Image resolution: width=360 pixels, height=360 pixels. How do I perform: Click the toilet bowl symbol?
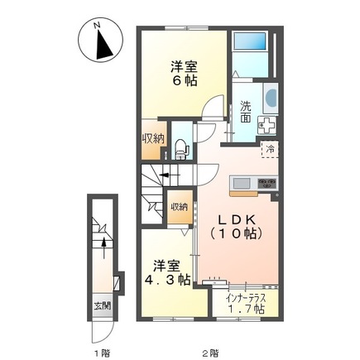[180, 149]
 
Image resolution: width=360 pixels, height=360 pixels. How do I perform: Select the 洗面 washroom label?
[247, 112]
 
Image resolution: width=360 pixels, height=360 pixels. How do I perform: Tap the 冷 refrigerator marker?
[271, 150]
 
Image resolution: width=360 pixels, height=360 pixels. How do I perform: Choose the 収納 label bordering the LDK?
[180, 207]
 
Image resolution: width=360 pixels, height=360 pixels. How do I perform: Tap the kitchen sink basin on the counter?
[242, 181]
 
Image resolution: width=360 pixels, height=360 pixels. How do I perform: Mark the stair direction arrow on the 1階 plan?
[102, 242]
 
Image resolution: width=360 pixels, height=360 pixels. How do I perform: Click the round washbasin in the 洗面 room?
[271, 98]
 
